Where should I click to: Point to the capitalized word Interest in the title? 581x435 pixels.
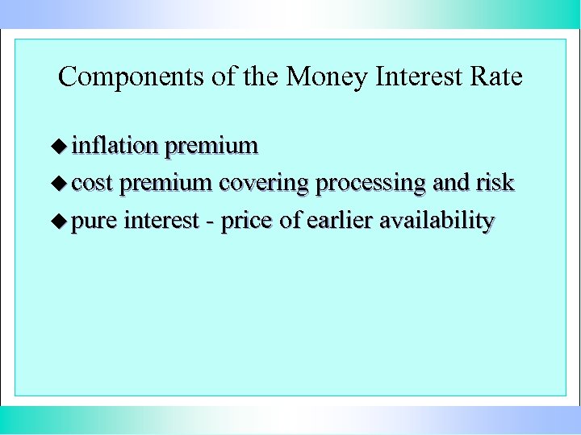415,77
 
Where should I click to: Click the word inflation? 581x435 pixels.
115,146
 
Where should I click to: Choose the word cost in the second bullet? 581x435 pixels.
91,184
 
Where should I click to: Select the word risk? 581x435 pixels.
495,183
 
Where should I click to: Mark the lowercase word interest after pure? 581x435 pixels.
164,221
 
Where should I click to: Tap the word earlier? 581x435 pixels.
339,221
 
